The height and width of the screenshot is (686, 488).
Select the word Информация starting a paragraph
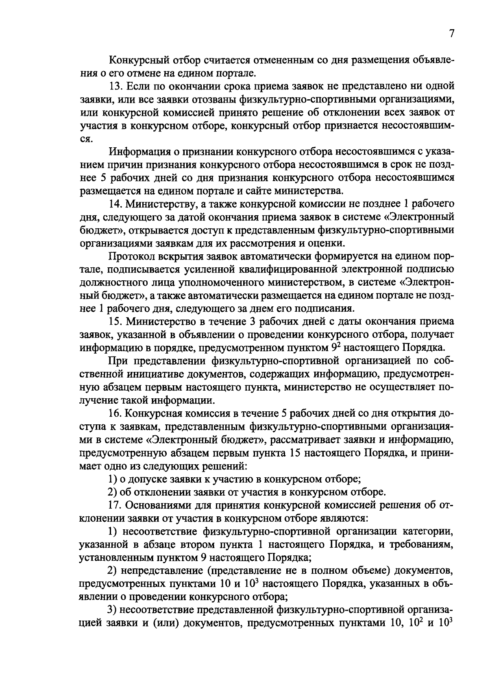[137, 152]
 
